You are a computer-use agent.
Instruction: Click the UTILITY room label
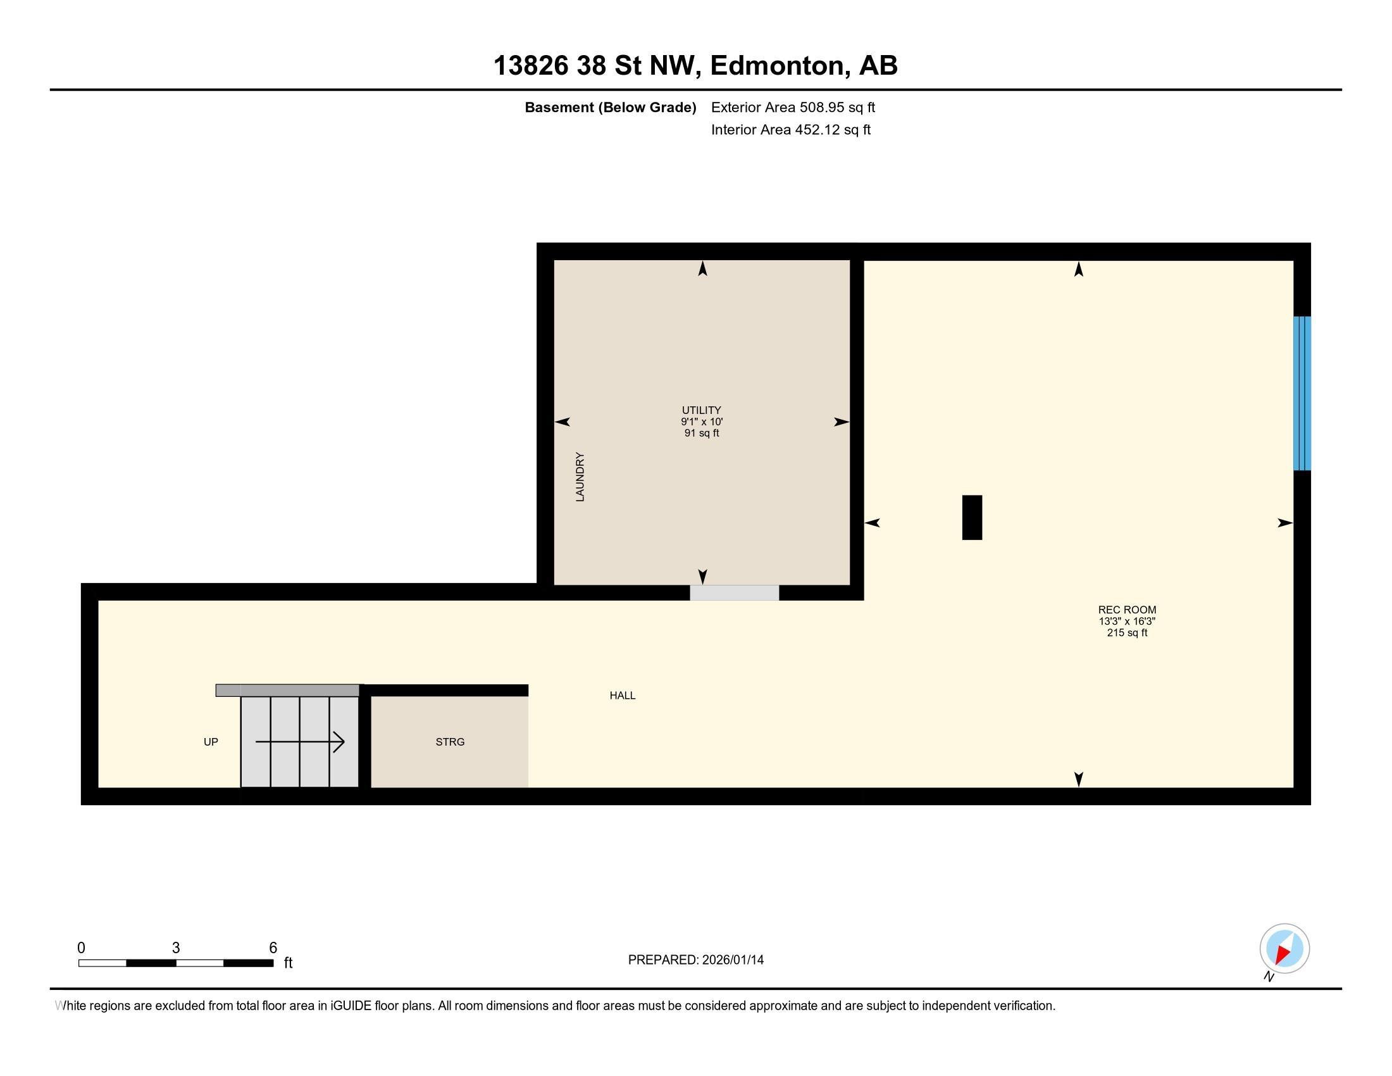tap(701, 410)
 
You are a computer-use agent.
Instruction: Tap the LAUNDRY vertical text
tap(580, 477)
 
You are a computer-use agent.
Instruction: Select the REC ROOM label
tap(1126, 610)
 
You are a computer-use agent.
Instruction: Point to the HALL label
tap(622, 696)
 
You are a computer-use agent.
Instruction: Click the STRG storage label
tap(450, 742)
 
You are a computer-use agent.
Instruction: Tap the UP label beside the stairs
tap(210, 742)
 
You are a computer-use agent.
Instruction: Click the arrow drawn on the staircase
tap(300, 742)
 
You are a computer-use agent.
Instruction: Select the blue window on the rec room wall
tap(1302, 393)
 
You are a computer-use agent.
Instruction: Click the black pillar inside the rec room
tap(971, 517)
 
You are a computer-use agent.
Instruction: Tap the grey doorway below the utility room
tap(734, 592)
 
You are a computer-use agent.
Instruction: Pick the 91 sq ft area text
tap(701, 434)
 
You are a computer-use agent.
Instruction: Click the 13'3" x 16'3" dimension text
tap(1126, 621)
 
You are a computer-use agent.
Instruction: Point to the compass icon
tap(1284, 948)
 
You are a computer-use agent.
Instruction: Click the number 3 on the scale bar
tap(176, 948)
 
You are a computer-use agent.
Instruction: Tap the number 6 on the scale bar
tap(273, 948)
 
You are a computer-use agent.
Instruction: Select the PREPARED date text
tap(695, 960)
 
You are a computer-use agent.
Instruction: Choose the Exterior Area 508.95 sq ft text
tap(793, 107)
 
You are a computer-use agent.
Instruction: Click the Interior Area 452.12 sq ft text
tap(790, 129)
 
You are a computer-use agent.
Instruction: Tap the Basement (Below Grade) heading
tap(610, 107)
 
